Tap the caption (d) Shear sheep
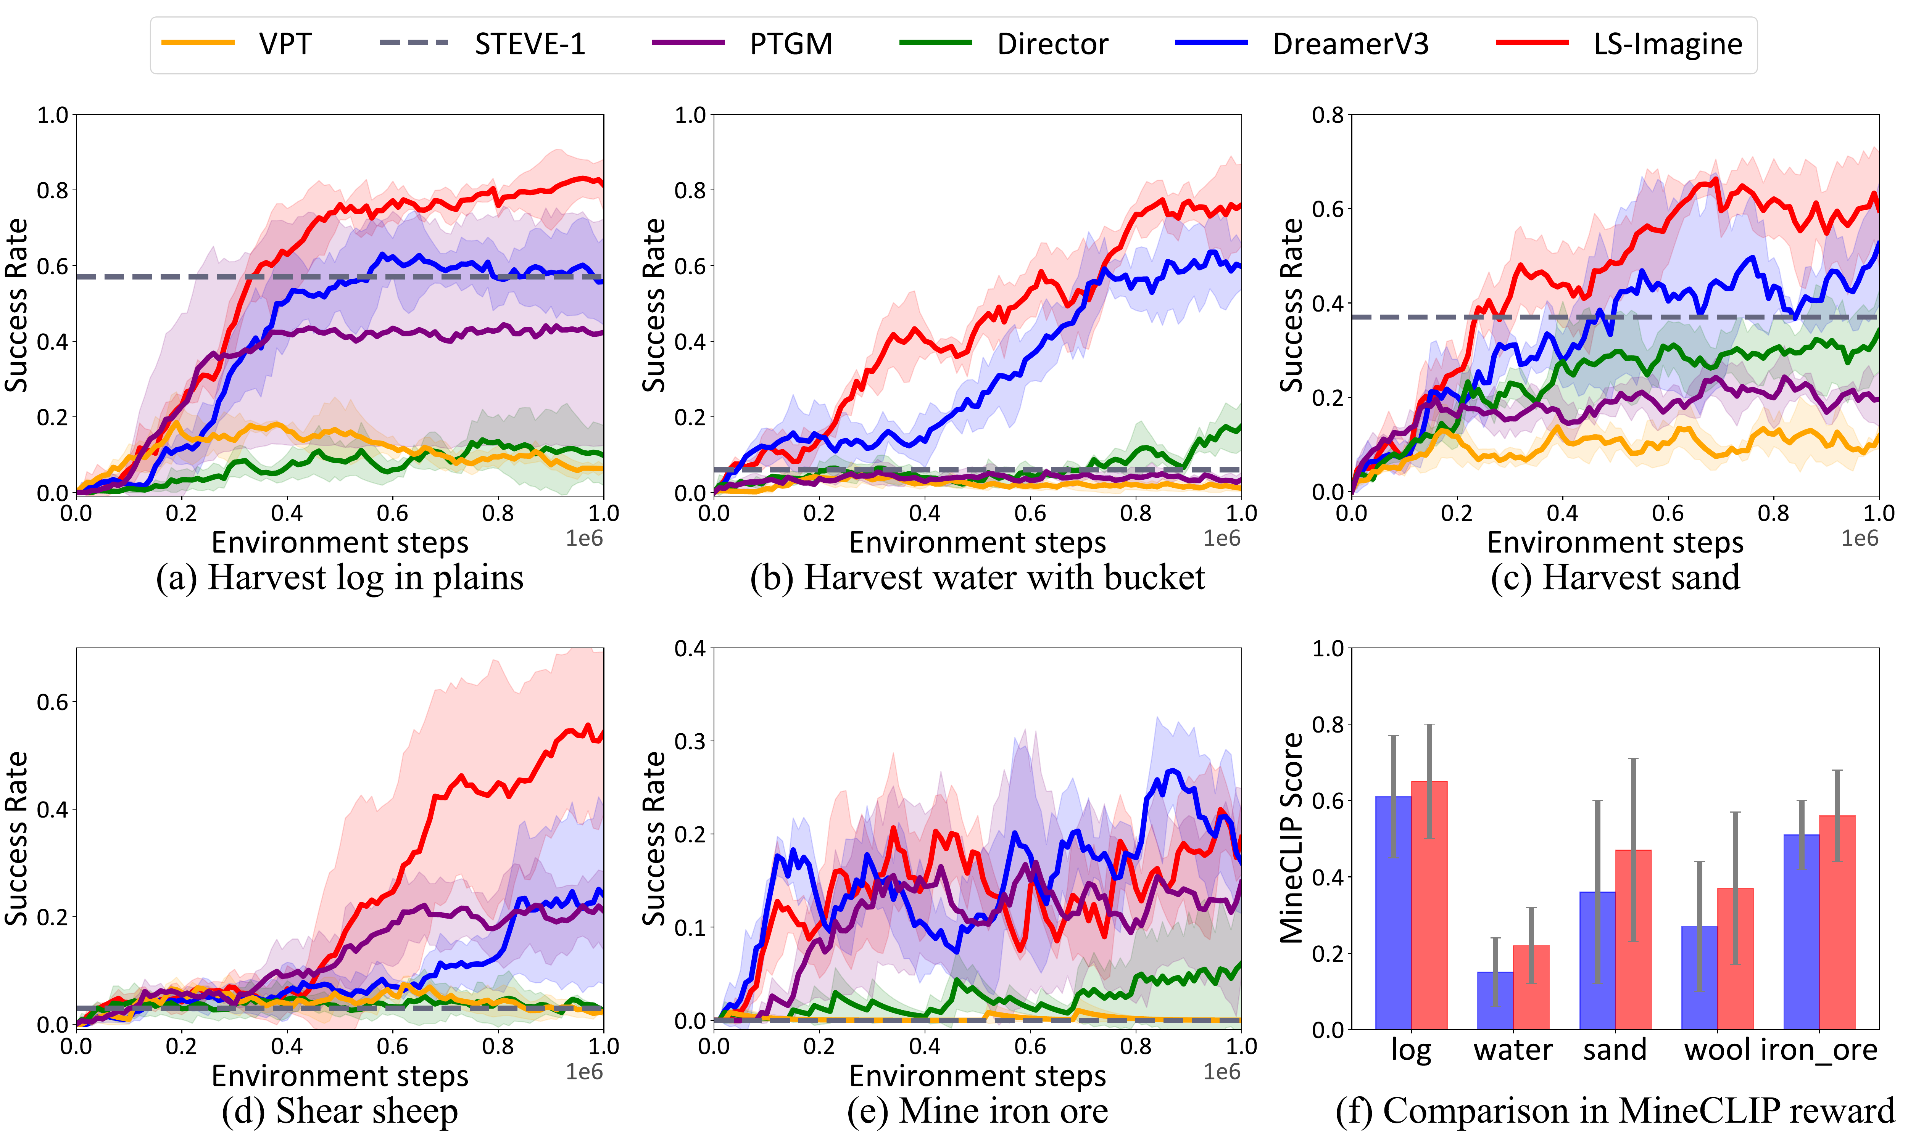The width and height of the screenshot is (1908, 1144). pos(339,1111)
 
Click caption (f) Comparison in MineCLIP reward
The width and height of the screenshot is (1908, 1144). pos(1615,1111)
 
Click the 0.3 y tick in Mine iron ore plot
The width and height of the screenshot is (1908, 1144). pos(690,742)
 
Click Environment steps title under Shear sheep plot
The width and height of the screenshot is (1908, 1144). pos(339,1075)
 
